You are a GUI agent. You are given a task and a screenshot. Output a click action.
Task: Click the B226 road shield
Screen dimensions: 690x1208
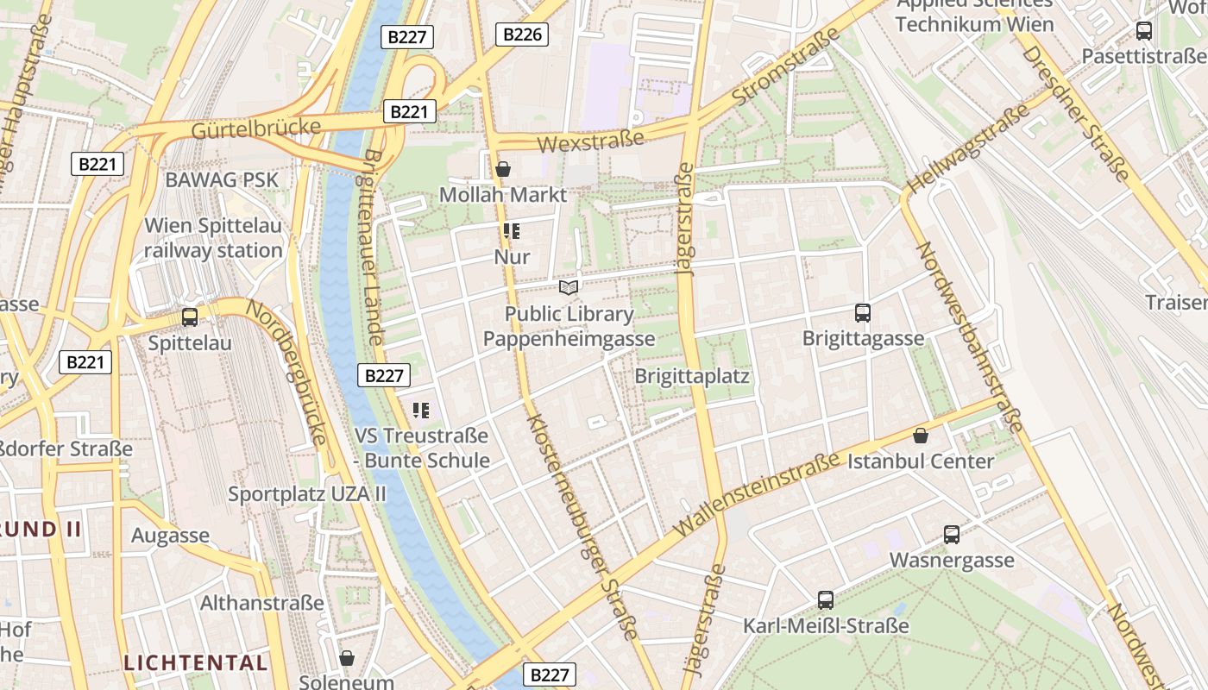click(x=522, y=34)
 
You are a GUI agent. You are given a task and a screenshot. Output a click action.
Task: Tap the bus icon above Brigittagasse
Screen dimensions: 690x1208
click(x=862, y=313)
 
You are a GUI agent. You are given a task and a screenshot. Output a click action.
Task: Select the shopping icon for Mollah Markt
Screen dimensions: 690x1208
click(x=503, y=169)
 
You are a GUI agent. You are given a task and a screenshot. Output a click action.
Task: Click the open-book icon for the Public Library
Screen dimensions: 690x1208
click(x=569, y=287)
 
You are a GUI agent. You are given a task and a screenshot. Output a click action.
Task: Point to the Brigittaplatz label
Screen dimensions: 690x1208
click(x=692, y=376)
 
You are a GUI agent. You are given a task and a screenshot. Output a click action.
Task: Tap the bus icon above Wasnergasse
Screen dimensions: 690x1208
click(x=952, y=535)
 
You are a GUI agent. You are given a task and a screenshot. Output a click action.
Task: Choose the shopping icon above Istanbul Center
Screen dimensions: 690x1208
click(x=921, y=436)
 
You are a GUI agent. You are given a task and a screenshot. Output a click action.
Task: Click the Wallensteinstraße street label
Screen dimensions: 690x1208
click(x=757, y=494)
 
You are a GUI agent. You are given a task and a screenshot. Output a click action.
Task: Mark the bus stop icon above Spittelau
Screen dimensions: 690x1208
click(x=190, y=317)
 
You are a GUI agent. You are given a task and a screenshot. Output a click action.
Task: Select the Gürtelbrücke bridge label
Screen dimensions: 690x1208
click(x=256, y=129)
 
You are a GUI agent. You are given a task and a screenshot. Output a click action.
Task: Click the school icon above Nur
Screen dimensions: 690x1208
click(x=512, y=231)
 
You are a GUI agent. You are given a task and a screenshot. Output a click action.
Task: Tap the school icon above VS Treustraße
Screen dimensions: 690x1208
click(x=421, y=411)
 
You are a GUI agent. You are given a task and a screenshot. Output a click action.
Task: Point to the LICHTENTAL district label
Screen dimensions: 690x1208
click(x=196, y=663)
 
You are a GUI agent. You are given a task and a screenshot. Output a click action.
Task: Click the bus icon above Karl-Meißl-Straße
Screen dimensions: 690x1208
click(x=826, y=599)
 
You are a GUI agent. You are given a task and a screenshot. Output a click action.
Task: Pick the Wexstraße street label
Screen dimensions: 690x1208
click(x=590, y=141)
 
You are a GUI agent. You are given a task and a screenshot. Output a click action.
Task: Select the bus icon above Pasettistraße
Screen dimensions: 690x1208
click(x=1144, y=31)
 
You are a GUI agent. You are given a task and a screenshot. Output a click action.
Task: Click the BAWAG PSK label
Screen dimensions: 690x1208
click(x=222, y=179)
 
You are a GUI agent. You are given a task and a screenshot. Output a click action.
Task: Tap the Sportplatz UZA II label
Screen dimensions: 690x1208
click(x=307, y=494)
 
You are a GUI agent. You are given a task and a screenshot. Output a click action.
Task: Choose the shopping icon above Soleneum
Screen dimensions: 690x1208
click(x=347, y=658)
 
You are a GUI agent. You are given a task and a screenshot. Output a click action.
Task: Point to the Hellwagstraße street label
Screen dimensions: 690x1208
click(x=968, y=149)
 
